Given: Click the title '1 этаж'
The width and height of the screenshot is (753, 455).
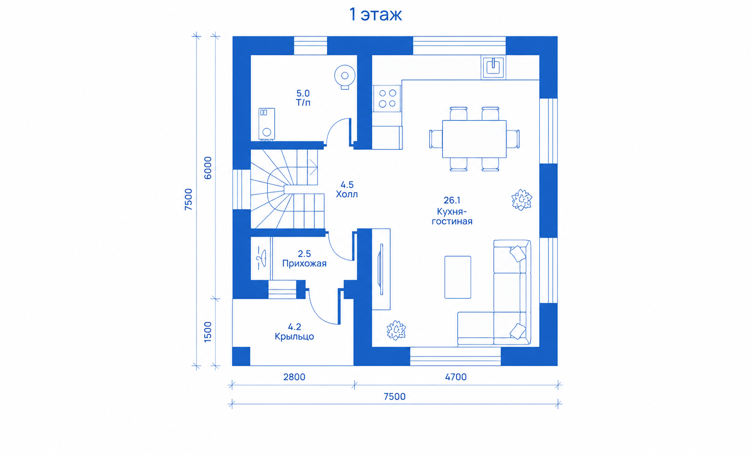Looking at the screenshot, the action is (376, 14).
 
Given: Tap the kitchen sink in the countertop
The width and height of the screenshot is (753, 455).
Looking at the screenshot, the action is (493, 67).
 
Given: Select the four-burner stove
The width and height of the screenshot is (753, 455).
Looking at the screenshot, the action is (387, 98).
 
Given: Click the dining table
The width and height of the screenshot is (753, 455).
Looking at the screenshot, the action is (474, 139).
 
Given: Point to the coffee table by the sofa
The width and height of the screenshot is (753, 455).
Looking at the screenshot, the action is (458, 277).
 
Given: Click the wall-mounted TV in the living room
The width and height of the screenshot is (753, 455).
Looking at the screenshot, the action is (381, 269).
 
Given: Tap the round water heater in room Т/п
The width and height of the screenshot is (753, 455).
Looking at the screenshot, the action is (345, 77).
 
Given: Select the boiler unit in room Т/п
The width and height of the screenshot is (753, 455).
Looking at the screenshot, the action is (266, 124).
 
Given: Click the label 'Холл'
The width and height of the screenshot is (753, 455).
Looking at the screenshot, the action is (347, 195).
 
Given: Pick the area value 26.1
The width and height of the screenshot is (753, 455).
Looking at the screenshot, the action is (452, 200).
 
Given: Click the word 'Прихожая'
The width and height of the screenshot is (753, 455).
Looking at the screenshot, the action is (304, 263).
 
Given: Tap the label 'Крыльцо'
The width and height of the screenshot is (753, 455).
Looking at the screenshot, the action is (294, 336).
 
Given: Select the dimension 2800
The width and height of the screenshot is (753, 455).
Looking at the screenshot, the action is (294, 377).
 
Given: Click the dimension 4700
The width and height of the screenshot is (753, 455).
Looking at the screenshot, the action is (456, 377).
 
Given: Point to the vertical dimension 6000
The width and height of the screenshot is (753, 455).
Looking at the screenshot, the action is (208, 168).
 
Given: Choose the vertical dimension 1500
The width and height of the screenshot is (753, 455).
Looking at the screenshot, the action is (208, 332).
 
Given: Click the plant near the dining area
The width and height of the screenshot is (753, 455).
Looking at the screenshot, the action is (522, 200).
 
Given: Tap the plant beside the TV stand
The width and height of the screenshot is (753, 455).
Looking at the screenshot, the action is (397, 330).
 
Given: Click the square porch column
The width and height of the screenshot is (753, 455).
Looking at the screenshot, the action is (241, 356).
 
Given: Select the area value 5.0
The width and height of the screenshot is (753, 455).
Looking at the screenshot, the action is (303, 93).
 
